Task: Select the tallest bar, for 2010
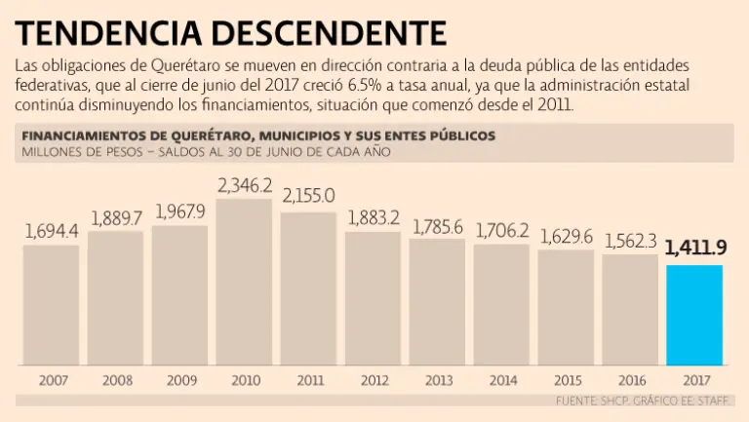point(244,283)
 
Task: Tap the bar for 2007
point(51,304)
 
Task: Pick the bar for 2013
point(437,300)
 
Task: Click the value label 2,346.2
point(244,184)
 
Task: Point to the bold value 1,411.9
point(695,249)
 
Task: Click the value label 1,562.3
point(630,239)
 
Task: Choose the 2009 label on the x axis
point(180,379)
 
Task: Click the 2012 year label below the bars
point(374,379)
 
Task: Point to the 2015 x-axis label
point(566,379)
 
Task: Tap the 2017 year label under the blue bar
point(694,379)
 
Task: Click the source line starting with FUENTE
point(644,401)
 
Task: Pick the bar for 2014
point(501,304)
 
